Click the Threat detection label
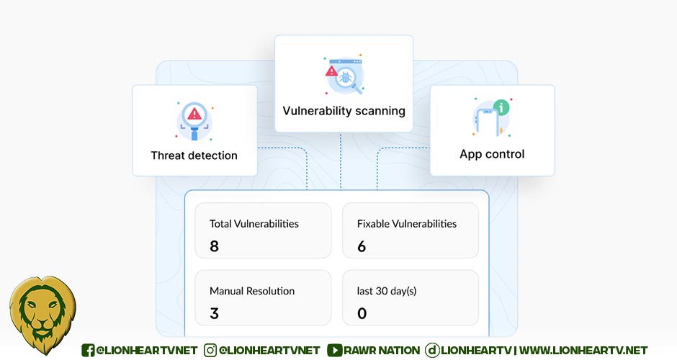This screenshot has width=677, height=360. click(x=194, y=155)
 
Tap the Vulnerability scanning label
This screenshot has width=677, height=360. click(x=344, y=111)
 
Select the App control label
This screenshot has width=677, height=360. click(x=492, y=154)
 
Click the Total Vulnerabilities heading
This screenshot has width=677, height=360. click(x=254, y=223)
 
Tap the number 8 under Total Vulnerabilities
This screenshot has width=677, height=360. click(x=214, y=246)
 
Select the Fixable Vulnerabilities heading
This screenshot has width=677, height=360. click(x=406, y=223)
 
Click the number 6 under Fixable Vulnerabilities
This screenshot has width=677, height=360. click(x=362, y=246)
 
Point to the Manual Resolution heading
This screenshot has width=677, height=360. click(x=252, y=291)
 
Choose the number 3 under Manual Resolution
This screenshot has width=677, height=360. click(x=214, y=313)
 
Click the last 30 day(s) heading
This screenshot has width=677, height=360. click(x=387, y=291)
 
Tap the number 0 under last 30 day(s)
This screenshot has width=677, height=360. click(x=362, y=313)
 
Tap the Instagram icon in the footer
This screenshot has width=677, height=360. click(x=210, y=350)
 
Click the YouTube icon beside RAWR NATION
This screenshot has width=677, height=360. click(x=334, y=350)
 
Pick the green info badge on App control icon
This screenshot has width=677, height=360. click(x=502, y=107)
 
